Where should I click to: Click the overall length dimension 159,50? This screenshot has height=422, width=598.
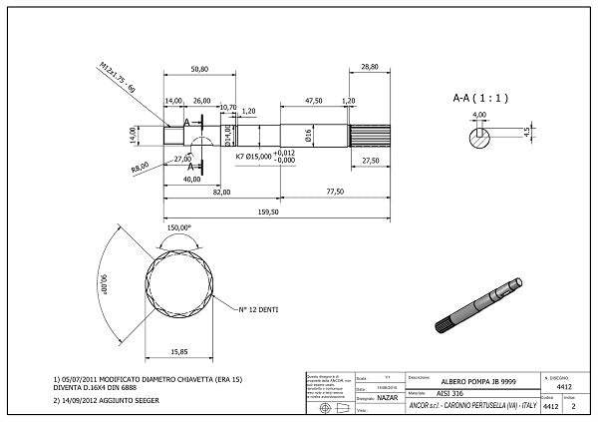click(268, 211)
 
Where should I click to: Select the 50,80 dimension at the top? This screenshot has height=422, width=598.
click(199, 69)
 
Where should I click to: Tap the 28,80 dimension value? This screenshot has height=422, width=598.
click(370, 67)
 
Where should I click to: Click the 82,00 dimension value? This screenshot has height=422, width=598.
click(220, 192)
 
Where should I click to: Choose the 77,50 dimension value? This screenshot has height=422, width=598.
click(334, 192)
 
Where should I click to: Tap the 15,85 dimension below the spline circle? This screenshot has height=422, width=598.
click(179, 351)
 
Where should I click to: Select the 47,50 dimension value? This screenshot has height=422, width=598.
click(313, 101)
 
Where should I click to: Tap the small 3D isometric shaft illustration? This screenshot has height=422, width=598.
click(478, 304)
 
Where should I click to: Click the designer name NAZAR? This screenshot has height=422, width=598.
click(387, 397)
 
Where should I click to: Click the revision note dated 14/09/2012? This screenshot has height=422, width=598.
click(110, 400)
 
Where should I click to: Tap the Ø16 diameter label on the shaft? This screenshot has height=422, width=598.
click(308, 133)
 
